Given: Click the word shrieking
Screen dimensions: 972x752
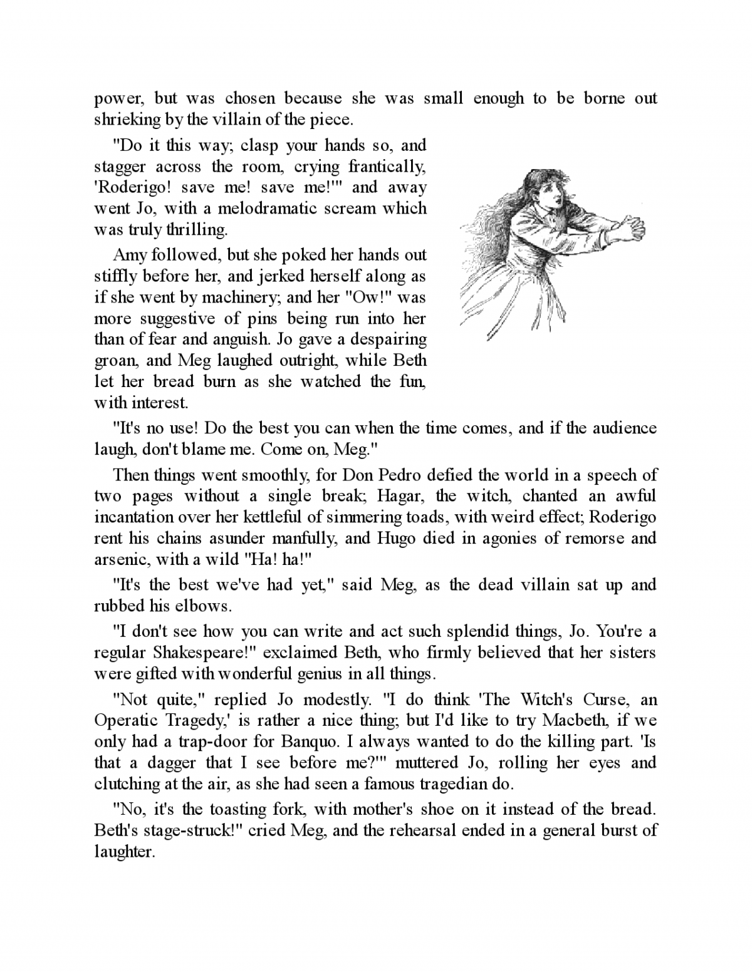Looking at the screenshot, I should [x=120, y=120].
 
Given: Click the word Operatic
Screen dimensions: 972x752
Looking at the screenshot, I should [x=123, y=720].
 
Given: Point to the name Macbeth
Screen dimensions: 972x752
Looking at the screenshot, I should [x=576, y=720].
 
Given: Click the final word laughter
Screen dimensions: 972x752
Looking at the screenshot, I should [x=123, y=852].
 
